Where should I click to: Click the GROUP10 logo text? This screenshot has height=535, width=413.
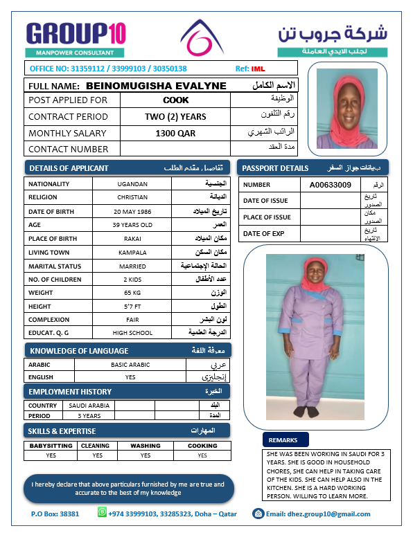click(x=76, y=33)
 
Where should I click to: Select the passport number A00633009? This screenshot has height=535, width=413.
click(x=330, y=185)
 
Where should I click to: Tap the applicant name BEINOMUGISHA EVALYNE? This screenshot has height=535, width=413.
click(x=156, y=86)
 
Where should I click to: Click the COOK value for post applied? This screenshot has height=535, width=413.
click(x=175, y=100)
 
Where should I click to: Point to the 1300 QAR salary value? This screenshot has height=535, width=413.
click(x=175, y=133)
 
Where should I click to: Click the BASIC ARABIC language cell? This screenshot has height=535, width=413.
click(x=130, y=364)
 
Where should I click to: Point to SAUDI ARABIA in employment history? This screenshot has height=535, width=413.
click(x=89, y=406)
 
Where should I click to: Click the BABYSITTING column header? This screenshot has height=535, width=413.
click(x=51, y=446)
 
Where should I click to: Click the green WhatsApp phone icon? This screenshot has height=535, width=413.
click(x=103, y=513)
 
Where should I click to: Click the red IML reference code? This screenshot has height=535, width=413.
click(x=258, y=69)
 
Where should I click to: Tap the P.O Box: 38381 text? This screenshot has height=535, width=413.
click(x=55, y=514)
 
